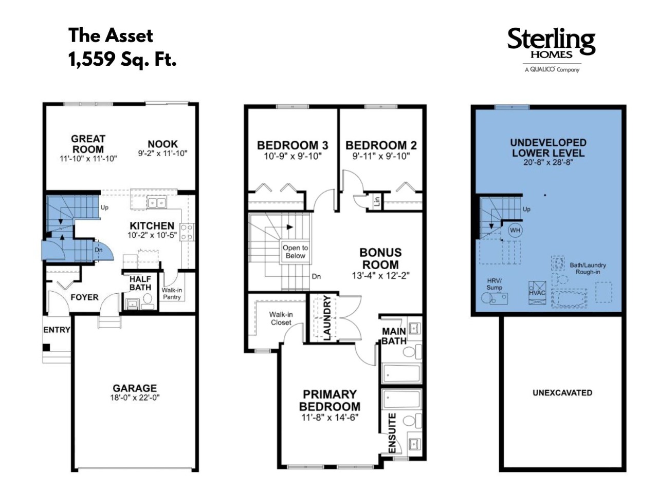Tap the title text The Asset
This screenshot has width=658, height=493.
(x=111, y=35)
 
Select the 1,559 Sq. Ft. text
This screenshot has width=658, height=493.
(x=122, y=59)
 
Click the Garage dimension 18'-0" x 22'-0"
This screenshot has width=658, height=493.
(x=135, y=397)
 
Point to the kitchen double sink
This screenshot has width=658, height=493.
(x=156, y=203)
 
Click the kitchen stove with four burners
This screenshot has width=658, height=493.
(x=187, y=232)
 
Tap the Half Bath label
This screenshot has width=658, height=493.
(x=140, y=283)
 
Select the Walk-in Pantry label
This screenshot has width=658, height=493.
(x=172, y=293)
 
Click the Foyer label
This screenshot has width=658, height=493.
(x=84, y=297)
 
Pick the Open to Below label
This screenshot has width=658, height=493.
(x=295, y=252)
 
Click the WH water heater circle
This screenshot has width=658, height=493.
(x=515, y=230)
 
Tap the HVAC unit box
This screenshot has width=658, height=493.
(x=537, y=293)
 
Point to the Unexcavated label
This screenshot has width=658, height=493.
(x=562, y=393)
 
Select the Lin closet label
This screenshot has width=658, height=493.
(x=377, y=201)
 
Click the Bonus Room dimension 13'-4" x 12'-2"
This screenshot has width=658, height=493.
(x=381, y=276)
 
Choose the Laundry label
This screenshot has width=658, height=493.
(x=327, y=317)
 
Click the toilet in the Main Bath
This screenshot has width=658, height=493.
(x=412, y=351)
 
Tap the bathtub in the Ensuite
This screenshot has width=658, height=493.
(x=401, y=399)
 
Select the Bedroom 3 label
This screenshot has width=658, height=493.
(x=293, y=145)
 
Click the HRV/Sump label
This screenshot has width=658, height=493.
(x=495, y=285)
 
